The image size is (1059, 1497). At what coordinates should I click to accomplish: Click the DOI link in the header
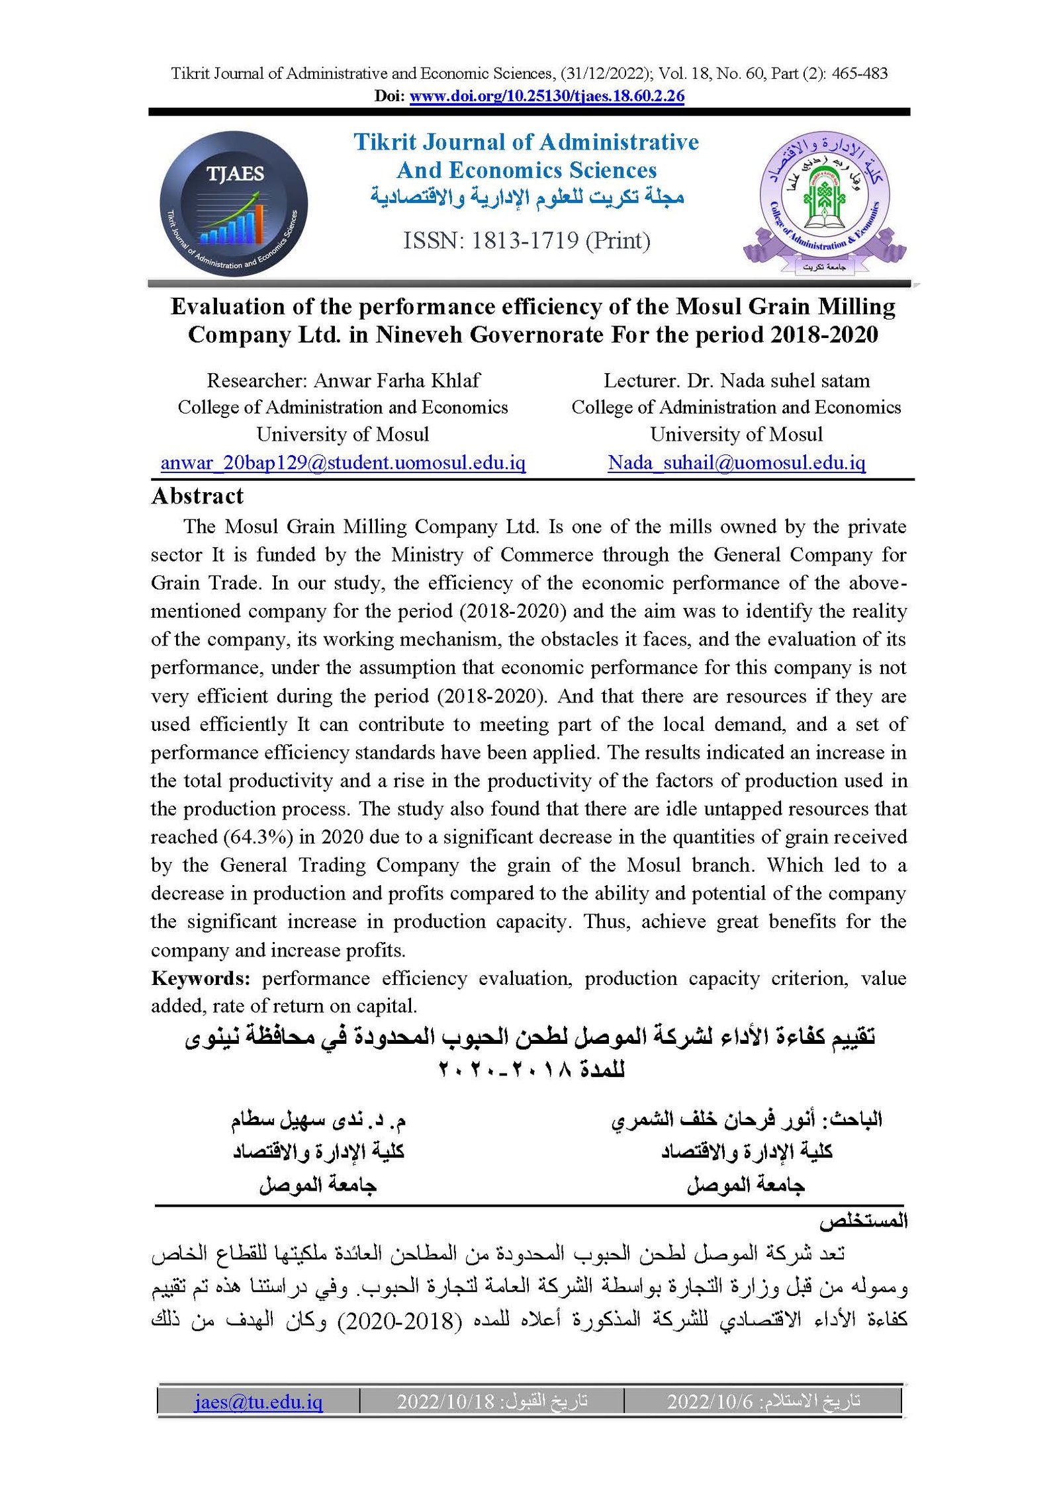(547, 96)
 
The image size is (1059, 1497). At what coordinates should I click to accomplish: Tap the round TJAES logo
(234, 204)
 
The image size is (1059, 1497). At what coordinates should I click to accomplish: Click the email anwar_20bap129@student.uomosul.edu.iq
(343, 462)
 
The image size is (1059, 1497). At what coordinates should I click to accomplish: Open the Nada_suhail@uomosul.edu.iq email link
(736, 462)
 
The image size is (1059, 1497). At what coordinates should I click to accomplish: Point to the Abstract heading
(197, 496)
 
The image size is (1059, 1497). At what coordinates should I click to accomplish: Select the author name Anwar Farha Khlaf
(396, 380)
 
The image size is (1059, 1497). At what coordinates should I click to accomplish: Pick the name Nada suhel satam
(795, 380)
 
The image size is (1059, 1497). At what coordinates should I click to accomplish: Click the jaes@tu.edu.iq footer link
(258, 1402)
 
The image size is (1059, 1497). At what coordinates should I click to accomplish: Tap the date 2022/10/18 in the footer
(445, 1402)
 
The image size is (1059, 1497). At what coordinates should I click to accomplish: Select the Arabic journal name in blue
(527, 197)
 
